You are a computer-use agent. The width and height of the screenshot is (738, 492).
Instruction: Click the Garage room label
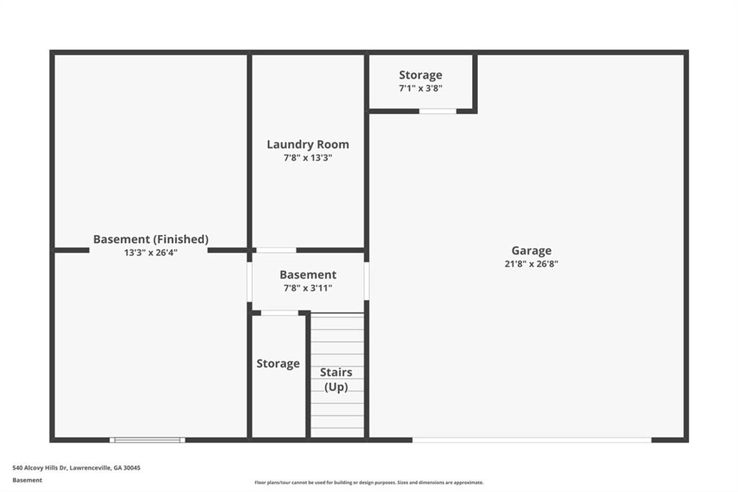(531, 251)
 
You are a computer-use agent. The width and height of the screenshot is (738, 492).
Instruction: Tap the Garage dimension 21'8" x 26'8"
(531, 264)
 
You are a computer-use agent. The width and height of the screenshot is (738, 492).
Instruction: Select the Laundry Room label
(308, 144)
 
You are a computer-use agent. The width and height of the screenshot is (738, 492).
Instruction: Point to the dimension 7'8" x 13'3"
(308, 158)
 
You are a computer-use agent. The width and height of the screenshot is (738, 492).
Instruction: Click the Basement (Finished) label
(151, 240)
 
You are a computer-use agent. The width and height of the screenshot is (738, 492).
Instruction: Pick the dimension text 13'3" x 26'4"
(151, 252)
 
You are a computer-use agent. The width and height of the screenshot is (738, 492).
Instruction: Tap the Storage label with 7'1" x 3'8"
(420, 76)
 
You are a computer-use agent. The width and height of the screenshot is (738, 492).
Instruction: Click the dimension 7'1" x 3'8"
(420, 88)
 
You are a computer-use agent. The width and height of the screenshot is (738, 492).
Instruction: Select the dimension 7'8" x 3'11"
(308, 288)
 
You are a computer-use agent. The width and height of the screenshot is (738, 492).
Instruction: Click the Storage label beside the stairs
(278, 364)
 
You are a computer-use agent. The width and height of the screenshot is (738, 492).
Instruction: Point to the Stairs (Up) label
(336, 379)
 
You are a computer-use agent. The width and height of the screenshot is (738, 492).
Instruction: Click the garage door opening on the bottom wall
(532, 440)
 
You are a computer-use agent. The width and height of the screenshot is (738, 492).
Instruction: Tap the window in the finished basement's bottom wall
(147, 440)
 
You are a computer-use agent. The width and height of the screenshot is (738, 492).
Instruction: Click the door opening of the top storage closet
(437, 111)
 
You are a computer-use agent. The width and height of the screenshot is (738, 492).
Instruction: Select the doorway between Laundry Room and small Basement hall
(276, 250)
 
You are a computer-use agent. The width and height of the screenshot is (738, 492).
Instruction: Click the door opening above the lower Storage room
(280, 313)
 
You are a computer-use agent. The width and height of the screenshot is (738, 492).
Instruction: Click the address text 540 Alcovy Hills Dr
(40, 468)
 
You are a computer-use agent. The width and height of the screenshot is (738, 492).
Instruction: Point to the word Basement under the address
(27, 480)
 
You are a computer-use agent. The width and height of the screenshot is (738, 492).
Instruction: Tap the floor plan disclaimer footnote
(369, 483)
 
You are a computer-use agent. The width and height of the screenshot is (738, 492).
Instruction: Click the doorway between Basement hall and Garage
(367, 281)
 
